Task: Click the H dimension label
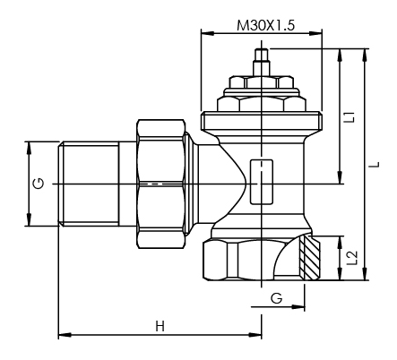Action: (160, 325)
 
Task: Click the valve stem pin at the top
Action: (263, 60)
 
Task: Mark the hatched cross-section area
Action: (309, 258)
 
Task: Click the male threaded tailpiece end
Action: (88, 184)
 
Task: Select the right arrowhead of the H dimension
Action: (257, 337)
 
